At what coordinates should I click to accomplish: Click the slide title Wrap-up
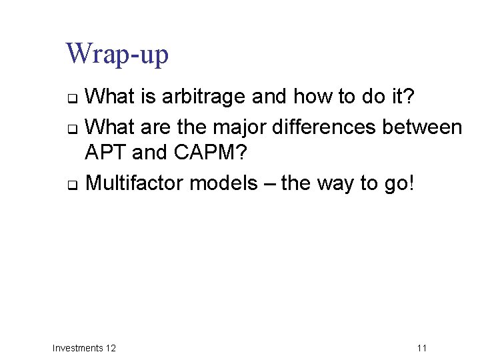pos(117,54)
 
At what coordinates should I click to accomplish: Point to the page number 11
pos(421,348)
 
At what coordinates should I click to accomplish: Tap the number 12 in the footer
pos(111,348)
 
